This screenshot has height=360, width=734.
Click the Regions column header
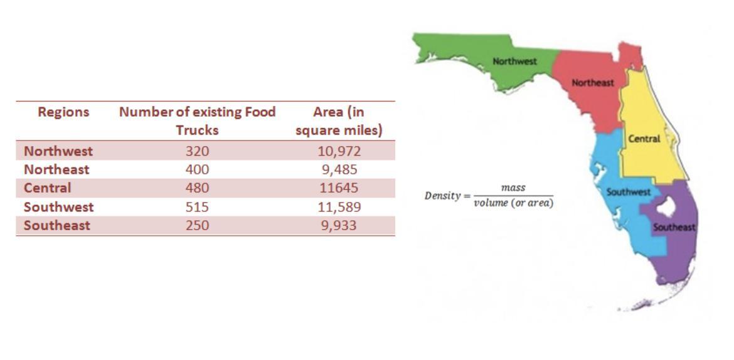point(63,112)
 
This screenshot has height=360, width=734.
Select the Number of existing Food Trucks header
point(197,121)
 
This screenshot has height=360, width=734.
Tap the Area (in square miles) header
point(339,121)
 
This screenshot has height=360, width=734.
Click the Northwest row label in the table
point(58,151)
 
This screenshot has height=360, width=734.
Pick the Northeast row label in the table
point(56,169)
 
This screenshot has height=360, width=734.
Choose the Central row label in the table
point(47,188)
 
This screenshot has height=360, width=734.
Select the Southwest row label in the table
point(58,207)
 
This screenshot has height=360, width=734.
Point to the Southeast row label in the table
point(56,226)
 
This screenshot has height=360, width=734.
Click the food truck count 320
point(197,151)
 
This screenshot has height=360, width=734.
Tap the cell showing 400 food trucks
point(197,169)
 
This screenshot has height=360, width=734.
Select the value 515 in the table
point(197,207)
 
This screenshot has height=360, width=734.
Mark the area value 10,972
point(339,151)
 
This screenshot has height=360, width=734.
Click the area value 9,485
point(339,169)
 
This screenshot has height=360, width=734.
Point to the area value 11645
point(339,188)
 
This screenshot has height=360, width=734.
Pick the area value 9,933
point(339,226)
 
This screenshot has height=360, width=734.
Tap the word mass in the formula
point(513,188)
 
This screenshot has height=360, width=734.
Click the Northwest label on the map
point(514,61)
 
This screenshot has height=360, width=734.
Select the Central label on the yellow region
point(644,139)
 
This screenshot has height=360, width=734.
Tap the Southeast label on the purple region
point(674,227)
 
